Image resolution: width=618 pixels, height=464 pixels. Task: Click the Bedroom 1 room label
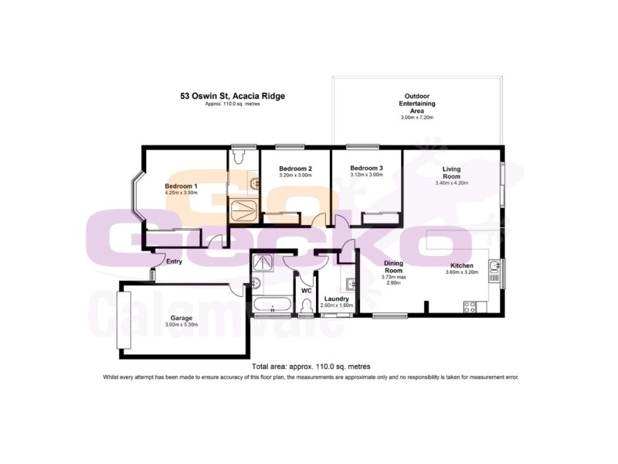coord(182,186)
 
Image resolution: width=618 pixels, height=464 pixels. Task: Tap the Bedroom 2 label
coord(295,169)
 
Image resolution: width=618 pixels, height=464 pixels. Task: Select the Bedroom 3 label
coord(366,168)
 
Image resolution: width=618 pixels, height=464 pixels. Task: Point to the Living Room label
coord(452,172)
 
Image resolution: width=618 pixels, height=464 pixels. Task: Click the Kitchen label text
coord(462,265)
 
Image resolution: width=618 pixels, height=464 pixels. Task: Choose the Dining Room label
coord(394,267)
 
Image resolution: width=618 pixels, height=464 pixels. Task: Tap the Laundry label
coord(336,299)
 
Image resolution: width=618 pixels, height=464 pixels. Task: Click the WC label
coord(306,291)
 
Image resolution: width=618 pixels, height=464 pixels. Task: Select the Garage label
coord(182,318)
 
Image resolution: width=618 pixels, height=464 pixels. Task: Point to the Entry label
coord(174,261)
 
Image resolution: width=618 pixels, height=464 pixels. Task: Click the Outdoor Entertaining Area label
coord(416,103)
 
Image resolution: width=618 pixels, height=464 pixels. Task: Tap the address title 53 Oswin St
coord(233,96)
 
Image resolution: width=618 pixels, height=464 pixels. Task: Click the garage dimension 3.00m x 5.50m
coord(182,325)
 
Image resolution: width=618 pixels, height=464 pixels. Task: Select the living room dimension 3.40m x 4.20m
coord(452,183)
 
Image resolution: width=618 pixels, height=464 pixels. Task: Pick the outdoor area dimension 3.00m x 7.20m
coord(416,118)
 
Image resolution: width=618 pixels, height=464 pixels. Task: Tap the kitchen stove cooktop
coord(469,308)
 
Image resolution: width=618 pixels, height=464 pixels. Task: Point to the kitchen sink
coord(497,271)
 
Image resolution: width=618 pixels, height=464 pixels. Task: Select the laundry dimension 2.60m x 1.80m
coord(336,305)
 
